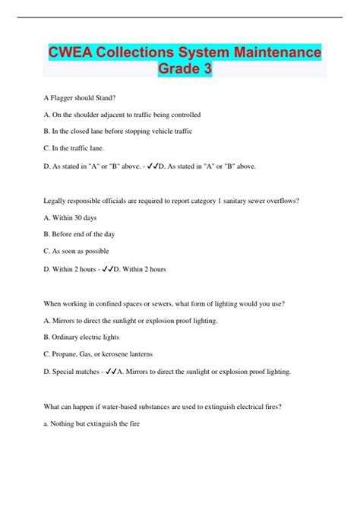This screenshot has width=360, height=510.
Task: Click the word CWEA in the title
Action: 70,52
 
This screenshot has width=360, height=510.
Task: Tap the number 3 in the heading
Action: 207,69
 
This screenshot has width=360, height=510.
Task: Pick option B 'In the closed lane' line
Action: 118,131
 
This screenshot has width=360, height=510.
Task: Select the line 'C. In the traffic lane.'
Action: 74,148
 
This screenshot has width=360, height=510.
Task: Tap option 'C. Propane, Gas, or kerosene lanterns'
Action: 99,354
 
